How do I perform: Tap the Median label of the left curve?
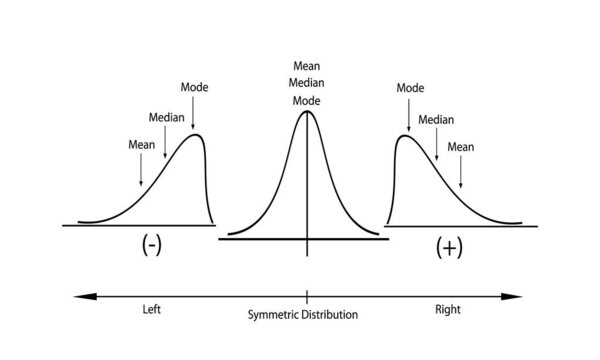coord(166,116)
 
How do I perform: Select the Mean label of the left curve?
coord(141,143)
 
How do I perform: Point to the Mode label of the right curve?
coord(410,88)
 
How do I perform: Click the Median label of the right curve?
coord(436,119)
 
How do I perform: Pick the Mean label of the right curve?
coord(461,146)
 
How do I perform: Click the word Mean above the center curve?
coord(306,66)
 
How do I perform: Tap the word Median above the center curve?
coord(306,83)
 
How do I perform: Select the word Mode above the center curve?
coord(306,101)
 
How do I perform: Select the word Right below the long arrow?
coord(446,311)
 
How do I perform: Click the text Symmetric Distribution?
coord(303,314)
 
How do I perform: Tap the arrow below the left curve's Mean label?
coord(141,170)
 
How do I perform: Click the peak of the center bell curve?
coord(306,111)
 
